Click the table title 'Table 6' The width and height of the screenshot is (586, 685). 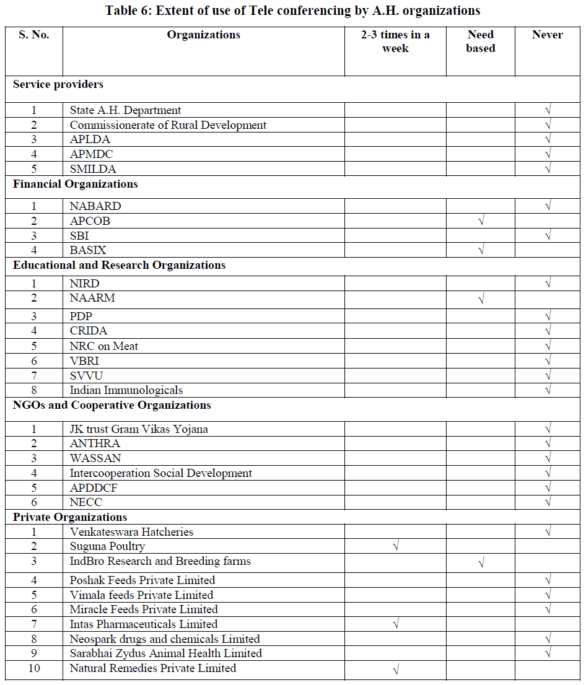[292, 11]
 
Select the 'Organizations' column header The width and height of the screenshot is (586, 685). [203, 35]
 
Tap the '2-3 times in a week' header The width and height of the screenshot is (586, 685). [395, 41]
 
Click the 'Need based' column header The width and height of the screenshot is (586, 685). [480, 41]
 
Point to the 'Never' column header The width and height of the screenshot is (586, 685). [547, 35]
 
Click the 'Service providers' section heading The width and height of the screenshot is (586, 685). [58, 84]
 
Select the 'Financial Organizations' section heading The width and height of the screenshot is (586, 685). [76, 184]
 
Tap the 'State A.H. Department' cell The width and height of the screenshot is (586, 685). [125, 110]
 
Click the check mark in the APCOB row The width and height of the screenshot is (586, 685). [481, 221]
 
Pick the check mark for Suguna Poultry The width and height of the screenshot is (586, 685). [396, 546]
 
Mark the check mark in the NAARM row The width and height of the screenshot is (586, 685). [481, 300]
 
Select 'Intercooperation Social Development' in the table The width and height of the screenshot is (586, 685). [160, 473]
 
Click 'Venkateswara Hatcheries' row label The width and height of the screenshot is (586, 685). [131, 532]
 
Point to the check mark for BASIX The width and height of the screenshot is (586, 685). [481, 250]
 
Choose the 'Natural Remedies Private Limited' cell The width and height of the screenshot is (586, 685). [152, 668]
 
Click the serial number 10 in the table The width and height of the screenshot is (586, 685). [34, 668]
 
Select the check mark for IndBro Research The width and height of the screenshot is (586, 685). [481, 562]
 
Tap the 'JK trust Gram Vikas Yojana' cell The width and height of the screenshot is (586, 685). [139, 429]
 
